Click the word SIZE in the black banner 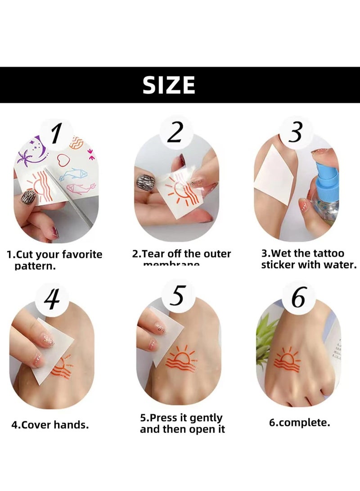[169, 85]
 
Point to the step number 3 [295, 134]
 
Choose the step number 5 [176, 297]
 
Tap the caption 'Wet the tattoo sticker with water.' [309, 259]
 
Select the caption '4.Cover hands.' [49, 424]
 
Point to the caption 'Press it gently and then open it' [182, 424]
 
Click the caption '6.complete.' [299, 423]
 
